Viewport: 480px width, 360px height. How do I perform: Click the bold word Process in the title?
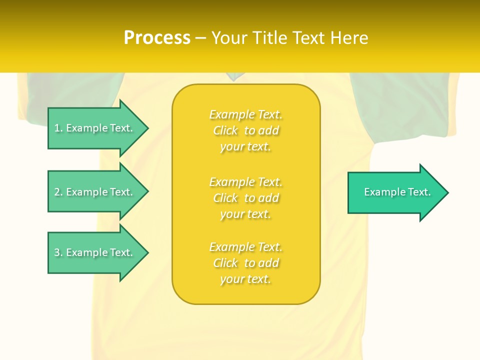tap(157, 38)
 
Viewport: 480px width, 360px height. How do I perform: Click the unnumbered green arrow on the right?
tap(395, 192)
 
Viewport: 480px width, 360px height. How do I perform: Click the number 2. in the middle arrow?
tap(58, 192)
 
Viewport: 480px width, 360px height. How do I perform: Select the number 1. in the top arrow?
tap(58, 128)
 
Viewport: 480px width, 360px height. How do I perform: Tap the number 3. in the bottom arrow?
tap(58, 252)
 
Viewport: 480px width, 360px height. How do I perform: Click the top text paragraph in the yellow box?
tap(246, 130)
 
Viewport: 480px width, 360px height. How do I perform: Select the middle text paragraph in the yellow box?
tap(246, 198)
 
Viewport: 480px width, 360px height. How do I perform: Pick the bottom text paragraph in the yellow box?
tap(246, 263)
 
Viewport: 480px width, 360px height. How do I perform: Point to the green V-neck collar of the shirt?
tap(232, 76)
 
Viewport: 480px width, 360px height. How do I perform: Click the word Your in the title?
tap(230, 38)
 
